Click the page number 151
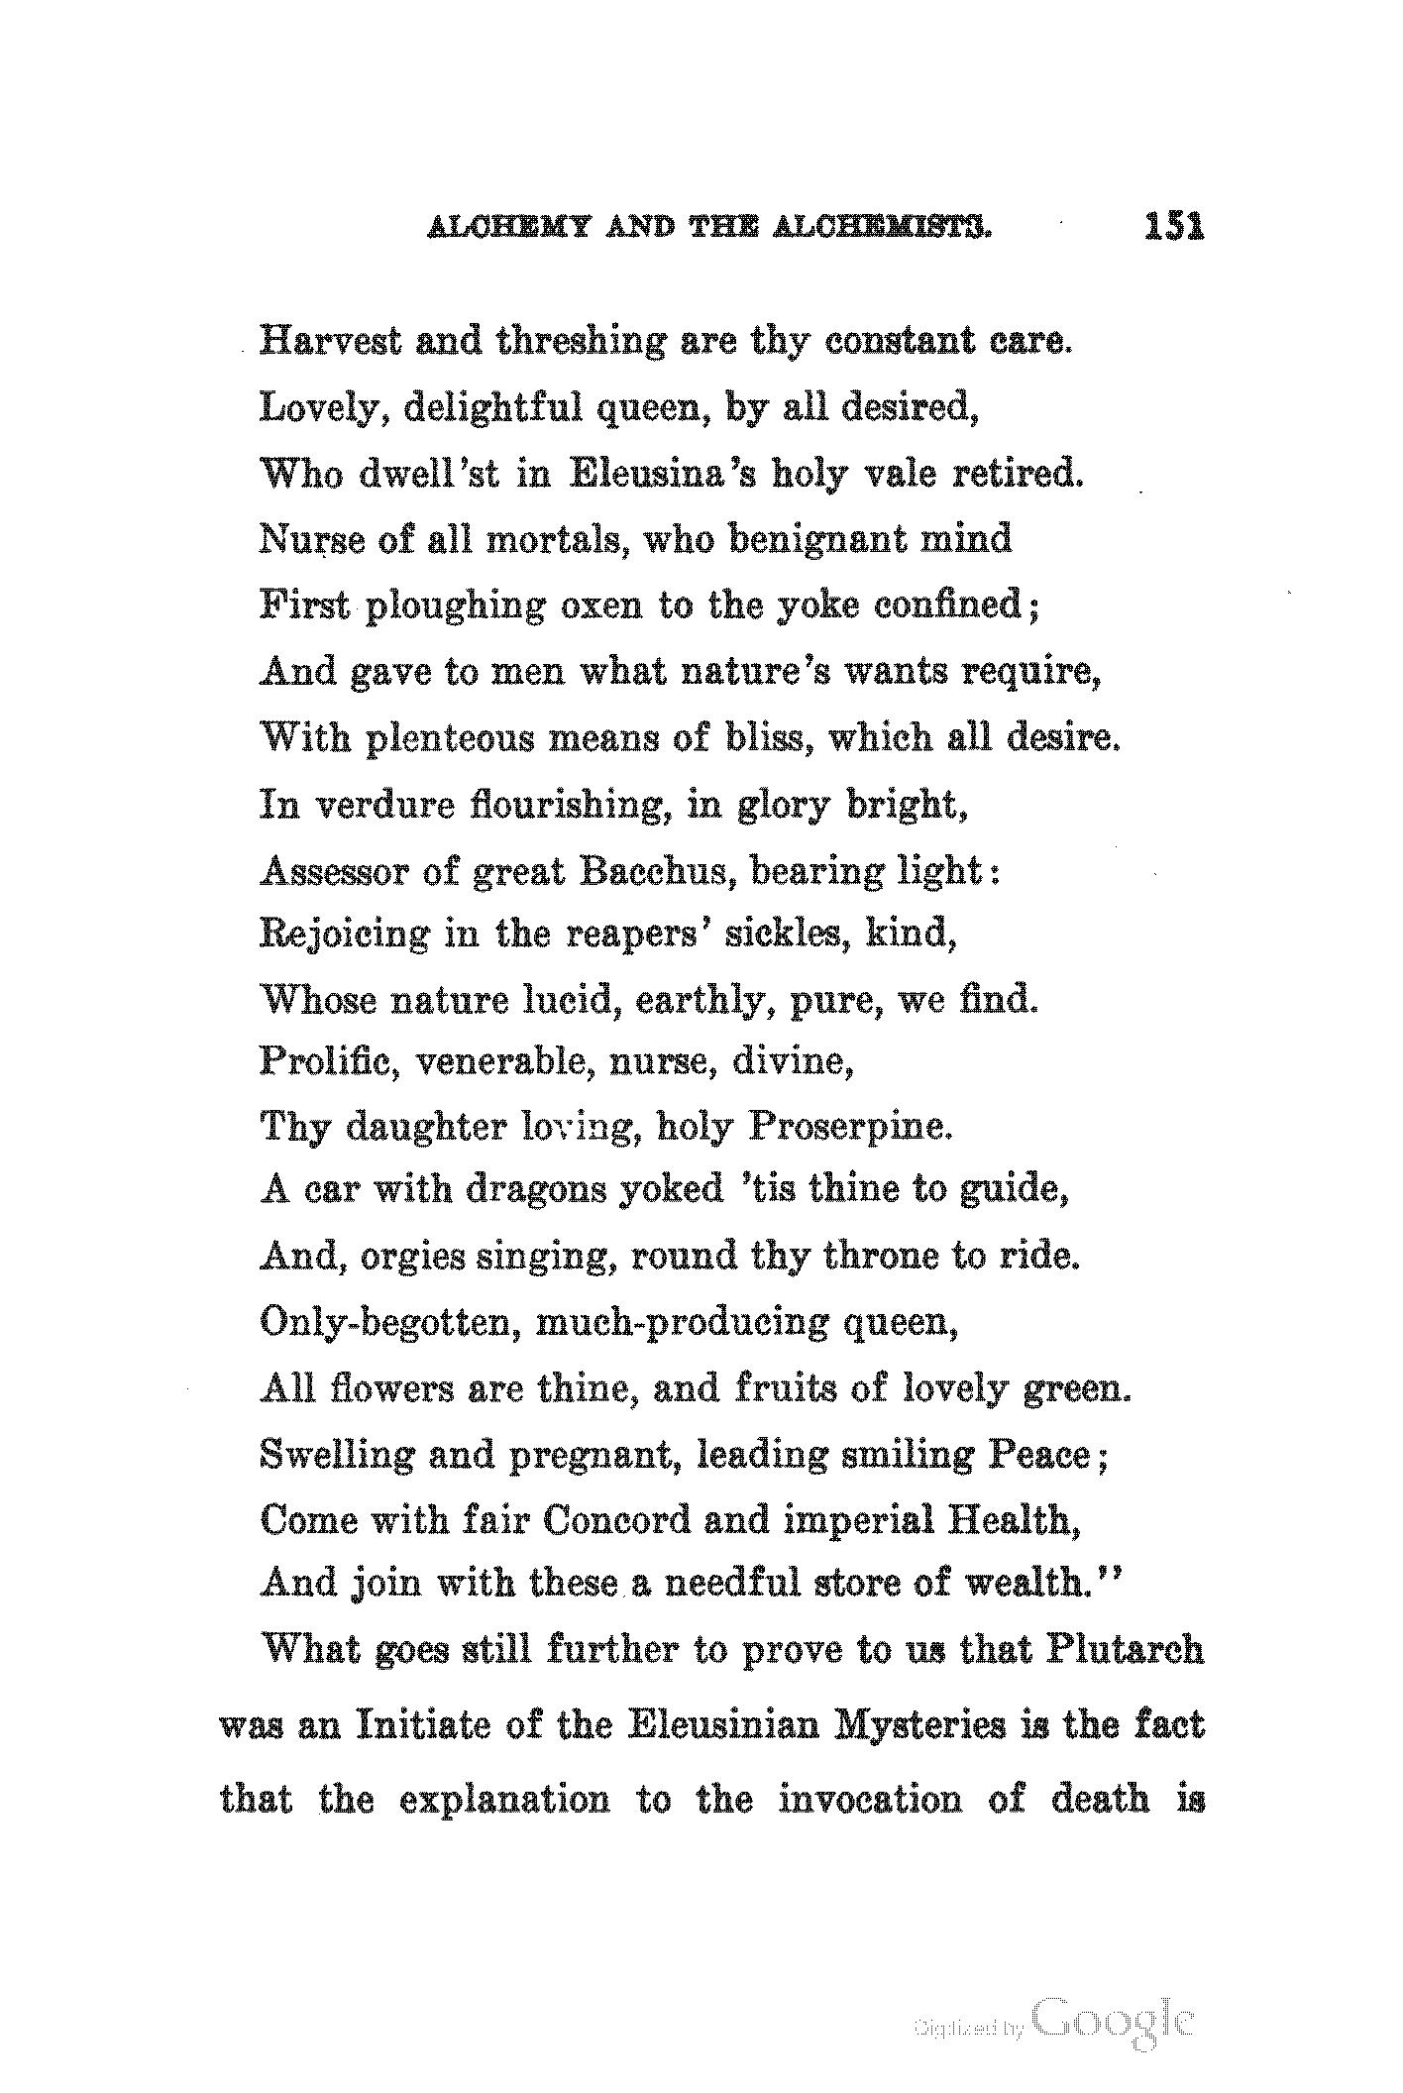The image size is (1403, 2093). coord(1174,227)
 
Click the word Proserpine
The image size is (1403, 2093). coord(849,1126)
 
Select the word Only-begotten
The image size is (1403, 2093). coord(390,1322)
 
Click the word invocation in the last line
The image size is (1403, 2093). coord(869,1798)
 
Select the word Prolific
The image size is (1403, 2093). coord(328,1061)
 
